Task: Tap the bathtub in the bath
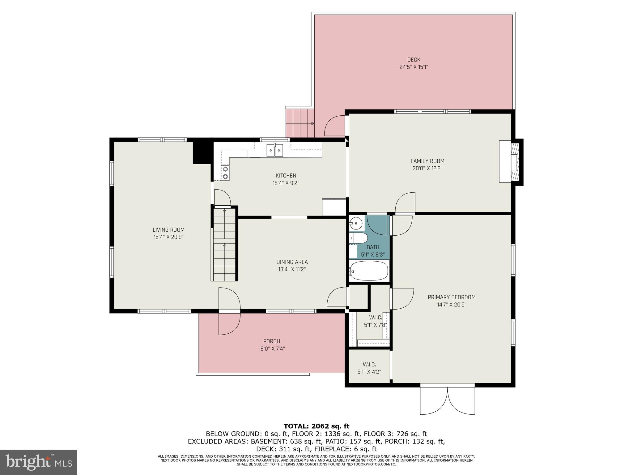pyautogui.click(x=369, y=271)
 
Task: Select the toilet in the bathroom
pyautogui.click(x=358, y=238)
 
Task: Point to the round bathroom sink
pyautogui.click(x=357, y=222)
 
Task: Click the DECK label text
pyautogui.click(x=414, y=60)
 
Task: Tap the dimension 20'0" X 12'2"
pyautogui.click(x=427, y=169)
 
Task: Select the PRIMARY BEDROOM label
pyautogui.click(x=452, y=297)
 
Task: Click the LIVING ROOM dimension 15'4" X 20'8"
pyautogui.click(x=169, y=237)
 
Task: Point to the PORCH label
pyautogui.click(x=272, y=341)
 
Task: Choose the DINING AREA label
pyautogui.click(x=292, y=262)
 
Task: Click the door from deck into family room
pyautogui.click(x=335, y=126)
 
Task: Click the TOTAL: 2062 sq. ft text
pyautogui.click(x=316, y=426)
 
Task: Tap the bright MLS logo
pyautogui.click(x=38, y=462)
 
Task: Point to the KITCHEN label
pyautogui.click(x=286, y=176)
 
